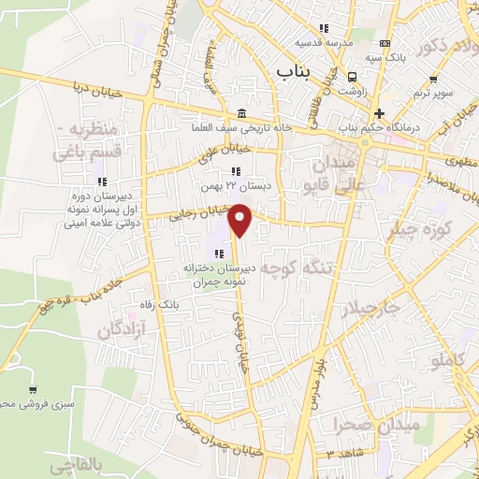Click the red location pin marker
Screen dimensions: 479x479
point(241,218)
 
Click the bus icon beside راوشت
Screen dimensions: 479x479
point(353,78)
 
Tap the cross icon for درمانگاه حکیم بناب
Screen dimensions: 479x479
point(378,112)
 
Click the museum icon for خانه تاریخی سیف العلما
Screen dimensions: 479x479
point(242,112)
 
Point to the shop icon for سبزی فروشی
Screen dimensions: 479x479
point(34,390)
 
